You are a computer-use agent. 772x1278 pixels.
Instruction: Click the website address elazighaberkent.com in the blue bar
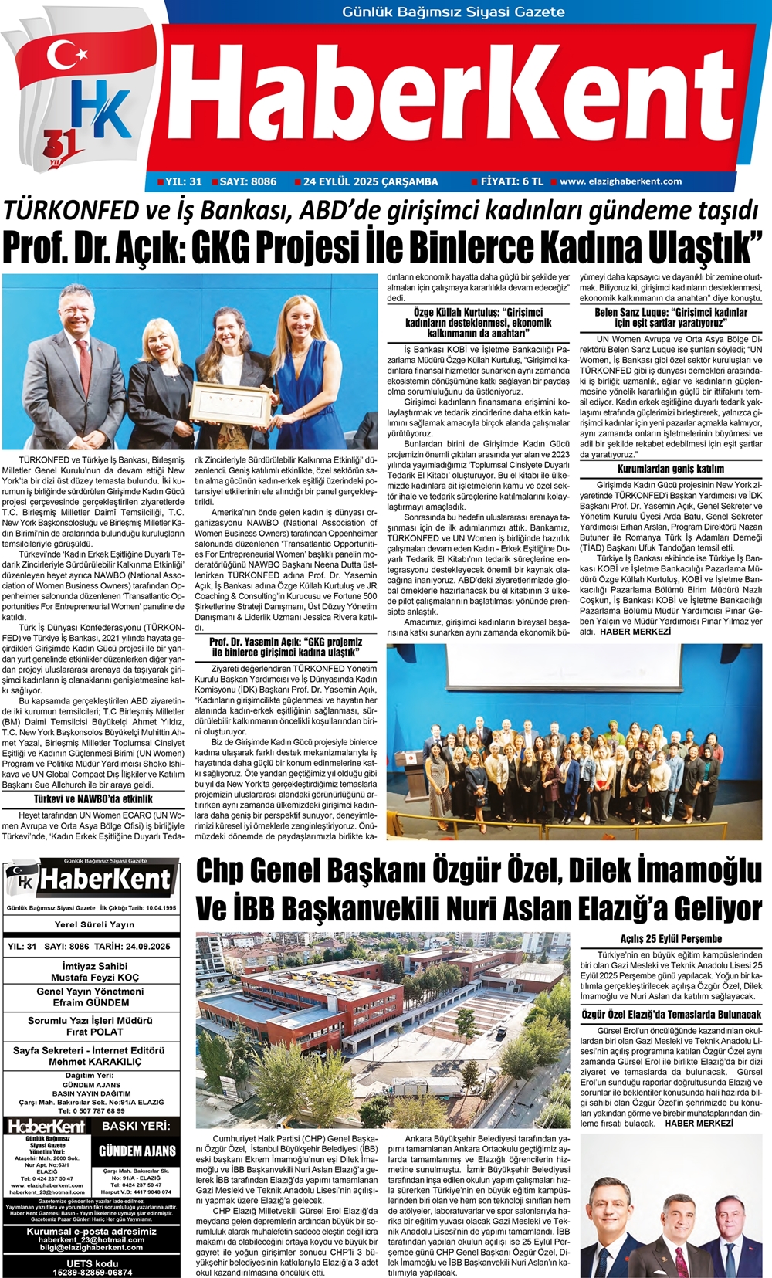click(x=620, y=181)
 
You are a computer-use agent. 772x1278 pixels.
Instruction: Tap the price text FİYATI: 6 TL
click(x=512, y=181)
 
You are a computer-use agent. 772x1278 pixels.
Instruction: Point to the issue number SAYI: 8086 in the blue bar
click(x=248, y=181)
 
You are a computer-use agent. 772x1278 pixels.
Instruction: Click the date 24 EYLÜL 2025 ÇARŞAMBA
click(x=371, y=181)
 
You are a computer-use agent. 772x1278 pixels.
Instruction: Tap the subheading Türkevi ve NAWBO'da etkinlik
click(x=93, y=799)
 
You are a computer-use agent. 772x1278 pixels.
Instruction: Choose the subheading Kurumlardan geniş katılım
click(x=670, y=469)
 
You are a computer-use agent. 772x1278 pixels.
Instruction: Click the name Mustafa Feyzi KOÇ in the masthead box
click(x=95, y=978)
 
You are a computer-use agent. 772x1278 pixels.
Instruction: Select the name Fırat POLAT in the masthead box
click(x=95, y=1032)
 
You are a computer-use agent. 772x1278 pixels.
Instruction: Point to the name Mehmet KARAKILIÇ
click(x=95, y=1062)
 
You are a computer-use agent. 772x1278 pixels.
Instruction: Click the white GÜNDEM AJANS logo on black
click(x=137, y=1151)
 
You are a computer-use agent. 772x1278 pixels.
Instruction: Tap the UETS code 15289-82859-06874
click(x=93, y=1272)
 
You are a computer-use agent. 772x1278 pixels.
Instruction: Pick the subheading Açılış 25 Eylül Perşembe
click(x=671, y=939)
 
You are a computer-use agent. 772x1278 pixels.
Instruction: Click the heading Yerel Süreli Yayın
click(x=95, y=924)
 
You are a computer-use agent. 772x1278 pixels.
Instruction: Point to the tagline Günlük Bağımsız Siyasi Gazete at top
click(x=453, y=12)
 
